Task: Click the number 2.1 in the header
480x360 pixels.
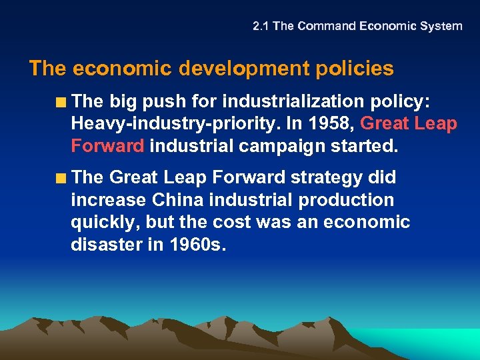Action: pyautogui.click(x=261, y=27)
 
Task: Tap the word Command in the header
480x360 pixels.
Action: pyautogui.click(x=327, y=27)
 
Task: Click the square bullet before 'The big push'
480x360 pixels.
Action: pyautogui.click(x=61, y=103)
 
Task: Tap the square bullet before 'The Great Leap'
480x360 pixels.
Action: pyautogui.click(x=61, y=179)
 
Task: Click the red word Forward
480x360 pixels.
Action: pyautogui.click(x=107, y=146)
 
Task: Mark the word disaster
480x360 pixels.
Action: pyautogui.click(x=103, y=245)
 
